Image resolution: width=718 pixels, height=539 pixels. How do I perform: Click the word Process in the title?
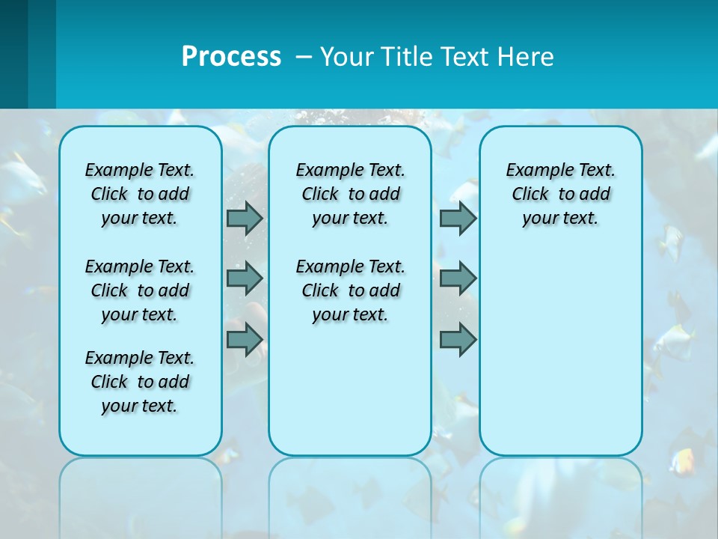231,57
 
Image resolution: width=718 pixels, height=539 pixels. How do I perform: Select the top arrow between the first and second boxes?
244,218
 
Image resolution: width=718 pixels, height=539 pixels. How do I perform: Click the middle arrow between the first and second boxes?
244,278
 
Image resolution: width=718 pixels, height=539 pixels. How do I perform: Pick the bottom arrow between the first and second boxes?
244,340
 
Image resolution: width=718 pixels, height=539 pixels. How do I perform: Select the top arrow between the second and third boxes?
458,218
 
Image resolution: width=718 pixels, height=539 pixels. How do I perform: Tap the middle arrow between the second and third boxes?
458,278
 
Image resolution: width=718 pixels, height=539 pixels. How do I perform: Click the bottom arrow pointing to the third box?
458,340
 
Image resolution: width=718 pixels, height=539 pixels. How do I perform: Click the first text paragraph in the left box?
140,194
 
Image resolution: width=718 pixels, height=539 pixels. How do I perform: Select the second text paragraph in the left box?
140,290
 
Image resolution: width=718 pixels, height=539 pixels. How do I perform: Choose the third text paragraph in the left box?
140,382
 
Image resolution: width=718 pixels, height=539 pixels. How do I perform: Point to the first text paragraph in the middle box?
350,194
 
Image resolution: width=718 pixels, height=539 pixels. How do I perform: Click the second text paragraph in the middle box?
350,290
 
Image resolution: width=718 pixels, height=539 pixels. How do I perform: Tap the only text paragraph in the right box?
560,194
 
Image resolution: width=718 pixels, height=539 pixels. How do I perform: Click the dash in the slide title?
304,57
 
